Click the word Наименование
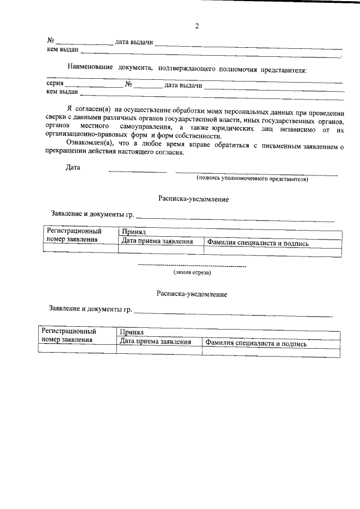91,69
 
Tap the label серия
55,84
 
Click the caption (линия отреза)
192,272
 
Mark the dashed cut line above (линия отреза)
192,264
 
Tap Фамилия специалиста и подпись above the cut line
258,242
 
